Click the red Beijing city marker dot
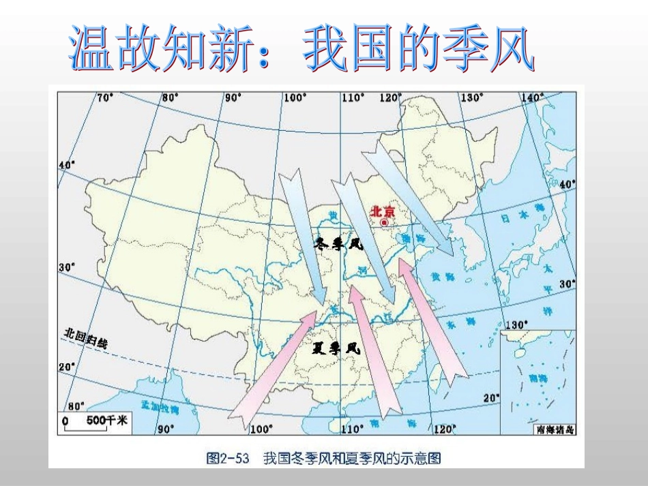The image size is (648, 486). [384, 222]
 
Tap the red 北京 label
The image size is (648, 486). [382, 211]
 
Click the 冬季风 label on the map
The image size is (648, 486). [339, 244]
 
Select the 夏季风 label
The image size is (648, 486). [336, 348]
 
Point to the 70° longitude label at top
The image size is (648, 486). [105, 97]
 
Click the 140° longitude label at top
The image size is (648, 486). [532, 97]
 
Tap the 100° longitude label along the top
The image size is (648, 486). [294, 97]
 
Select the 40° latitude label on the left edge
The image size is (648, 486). [65, 165]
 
